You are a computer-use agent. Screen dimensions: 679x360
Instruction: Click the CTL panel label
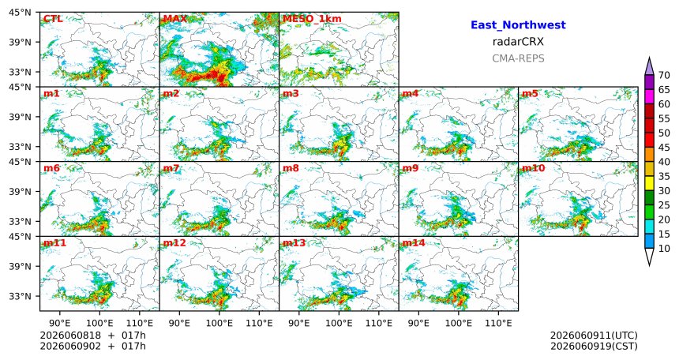click(x=52, y=19)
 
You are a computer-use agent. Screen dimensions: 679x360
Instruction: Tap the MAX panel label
click(x=175, y=19)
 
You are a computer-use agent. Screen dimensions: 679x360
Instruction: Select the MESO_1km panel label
click(x=312, y=19)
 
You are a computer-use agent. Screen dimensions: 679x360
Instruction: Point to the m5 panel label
click(x=530, y=93)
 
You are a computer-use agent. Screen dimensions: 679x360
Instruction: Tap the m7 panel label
click(x=171, y=168)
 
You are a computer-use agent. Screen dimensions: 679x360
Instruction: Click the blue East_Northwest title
click(x=518, y=25)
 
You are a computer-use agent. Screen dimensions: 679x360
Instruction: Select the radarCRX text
click(x=518, y=42)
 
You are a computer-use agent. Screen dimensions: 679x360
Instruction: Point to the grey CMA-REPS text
click(x=518, y=58)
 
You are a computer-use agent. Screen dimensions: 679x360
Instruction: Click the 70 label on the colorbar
click(x=664, y=75)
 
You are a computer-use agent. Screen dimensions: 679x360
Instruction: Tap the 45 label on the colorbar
click(x=664, y=148)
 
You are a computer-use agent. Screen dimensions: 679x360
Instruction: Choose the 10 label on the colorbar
click(x=664, y=248)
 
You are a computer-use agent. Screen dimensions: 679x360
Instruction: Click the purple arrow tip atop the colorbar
click(x=649, y=57)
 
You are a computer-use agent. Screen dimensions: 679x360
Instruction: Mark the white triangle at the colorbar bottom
click(x=649, y=257)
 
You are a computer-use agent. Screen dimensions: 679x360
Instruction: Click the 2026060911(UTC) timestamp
click(x=594, y=336)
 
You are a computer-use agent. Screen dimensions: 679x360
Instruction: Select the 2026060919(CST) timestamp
click(x=594, y=346)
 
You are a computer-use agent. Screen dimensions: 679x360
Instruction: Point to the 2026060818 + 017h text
click(x=92, y=336)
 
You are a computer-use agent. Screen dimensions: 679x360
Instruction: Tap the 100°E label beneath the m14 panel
click(x=458, y=323)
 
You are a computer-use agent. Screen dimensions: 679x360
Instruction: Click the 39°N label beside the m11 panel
click(x=21, y=266)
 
